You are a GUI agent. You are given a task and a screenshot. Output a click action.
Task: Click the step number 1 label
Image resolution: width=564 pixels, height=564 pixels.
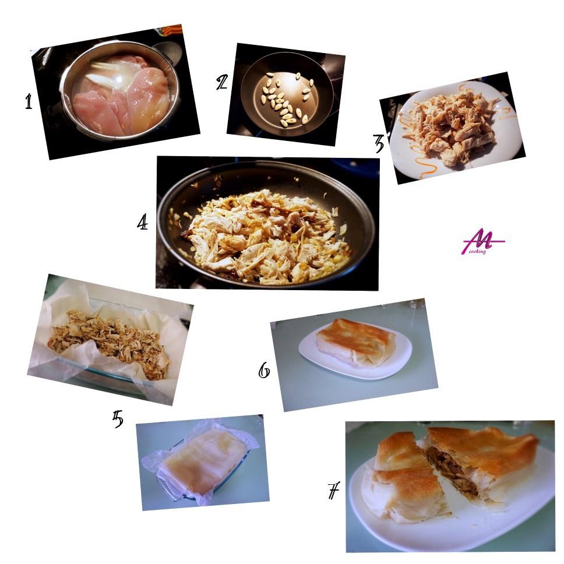click(x=29, y=101)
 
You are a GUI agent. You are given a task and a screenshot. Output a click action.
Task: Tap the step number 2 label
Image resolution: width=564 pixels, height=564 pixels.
click(x=222, y=82)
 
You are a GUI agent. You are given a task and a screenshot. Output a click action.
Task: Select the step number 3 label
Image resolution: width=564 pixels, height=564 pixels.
click(x=378, y=143)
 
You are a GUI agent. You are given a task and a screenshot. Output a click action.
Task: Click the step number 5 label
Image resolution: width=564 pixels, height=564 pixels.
click(x=118, y=419)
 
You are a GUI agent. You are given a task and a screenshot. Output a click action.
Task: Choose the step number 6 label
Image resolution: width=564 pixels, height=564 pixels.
click(x=265, y=370)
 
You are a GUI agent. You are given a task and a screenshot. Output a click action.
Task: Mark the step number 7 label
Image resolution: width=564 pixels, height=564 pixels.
click(x=334, y=491)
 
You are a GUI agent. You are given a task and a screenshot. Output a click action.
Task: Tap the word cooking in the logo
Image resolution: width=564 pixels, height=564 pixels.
click(x=478, y=251)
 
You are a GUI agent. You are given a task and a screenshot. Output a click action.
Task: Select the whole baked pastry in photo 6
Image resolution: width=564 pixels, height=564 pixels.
click(x=355, y=341)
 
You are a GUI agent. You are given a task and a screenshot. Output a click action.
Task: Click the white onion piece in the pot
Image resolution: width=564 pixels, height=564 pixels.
click(x=104, y=77)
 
